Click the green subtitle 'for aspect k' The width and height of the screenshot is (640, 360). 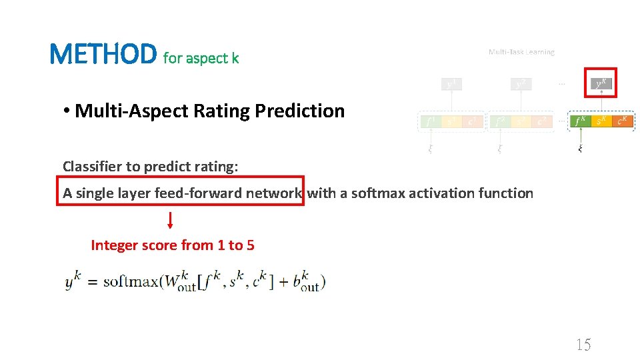tap(201, 59)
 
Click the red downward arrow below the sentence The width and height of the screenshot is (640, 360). tap(170, 221)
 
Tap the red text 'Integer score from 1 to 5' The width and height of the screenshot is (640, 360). tap(172, 245)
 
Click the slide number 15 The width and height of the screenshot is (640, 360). tap(583, 345)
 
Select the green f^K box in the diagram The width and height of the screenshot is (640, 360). tap(580, 121)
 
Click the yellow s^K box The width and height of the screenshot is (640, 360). tap(601, 121)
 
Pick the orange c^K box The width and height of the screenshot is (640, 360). tap(623, 121)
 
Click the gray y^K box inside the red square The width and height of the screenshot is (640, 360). tap(601, 83)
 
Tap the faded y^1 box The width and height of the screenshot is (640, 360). tap(452, 84)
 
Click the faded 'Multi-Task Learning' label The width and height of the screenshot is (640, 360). tap(521, 52)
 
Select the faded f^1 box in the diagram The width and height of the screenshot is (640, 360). tap(430, 121)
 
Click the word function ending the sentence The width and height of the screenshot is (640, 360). tap(507, 193)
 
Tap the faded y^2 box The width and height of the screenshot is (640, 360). tap(521, 84)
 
